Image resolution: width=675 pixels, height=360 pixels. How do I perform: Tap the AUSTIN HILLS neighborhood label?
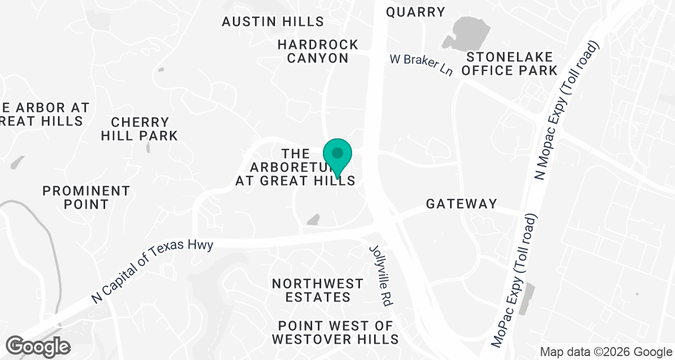(273, 22)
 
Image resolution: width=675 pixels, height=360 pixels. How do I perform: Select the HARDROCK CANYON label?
(318, 51)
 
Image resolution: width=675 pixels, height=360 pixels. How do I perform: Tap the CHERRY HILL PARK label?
(144, 129)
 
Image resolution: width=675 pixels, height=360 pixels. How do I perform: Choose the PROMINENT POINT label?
(86, 197)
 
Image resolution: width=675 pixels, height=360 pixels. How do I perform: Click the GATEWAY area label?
(461, 204)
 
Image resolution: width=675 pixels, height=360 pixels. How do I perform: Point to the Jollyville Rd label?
(380, 275)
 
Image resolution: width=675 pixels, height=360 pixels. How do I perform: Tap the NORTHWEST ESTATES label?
(318, 290)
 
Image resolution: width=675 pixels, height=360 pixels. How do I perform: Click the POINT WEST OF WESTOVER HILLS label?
(335, 332)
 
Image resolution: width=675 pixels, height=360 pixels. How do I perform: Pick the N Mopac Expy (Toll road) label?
(569, 110)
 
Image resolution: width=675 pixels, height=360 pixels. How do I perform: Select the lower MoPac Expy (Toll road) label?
(515, 280)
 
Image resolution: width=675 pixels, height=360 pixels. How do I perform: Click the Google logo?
(38, 345)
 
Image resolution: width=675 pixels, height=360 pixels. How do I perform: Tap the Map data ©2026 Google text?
(605, 352)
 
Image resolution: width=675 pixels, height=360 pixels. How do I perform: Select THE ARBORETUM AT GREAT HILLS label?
(295, 167)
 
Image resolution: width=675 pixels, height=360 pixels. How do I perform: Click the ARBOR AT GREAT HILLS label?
(42, 114)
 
